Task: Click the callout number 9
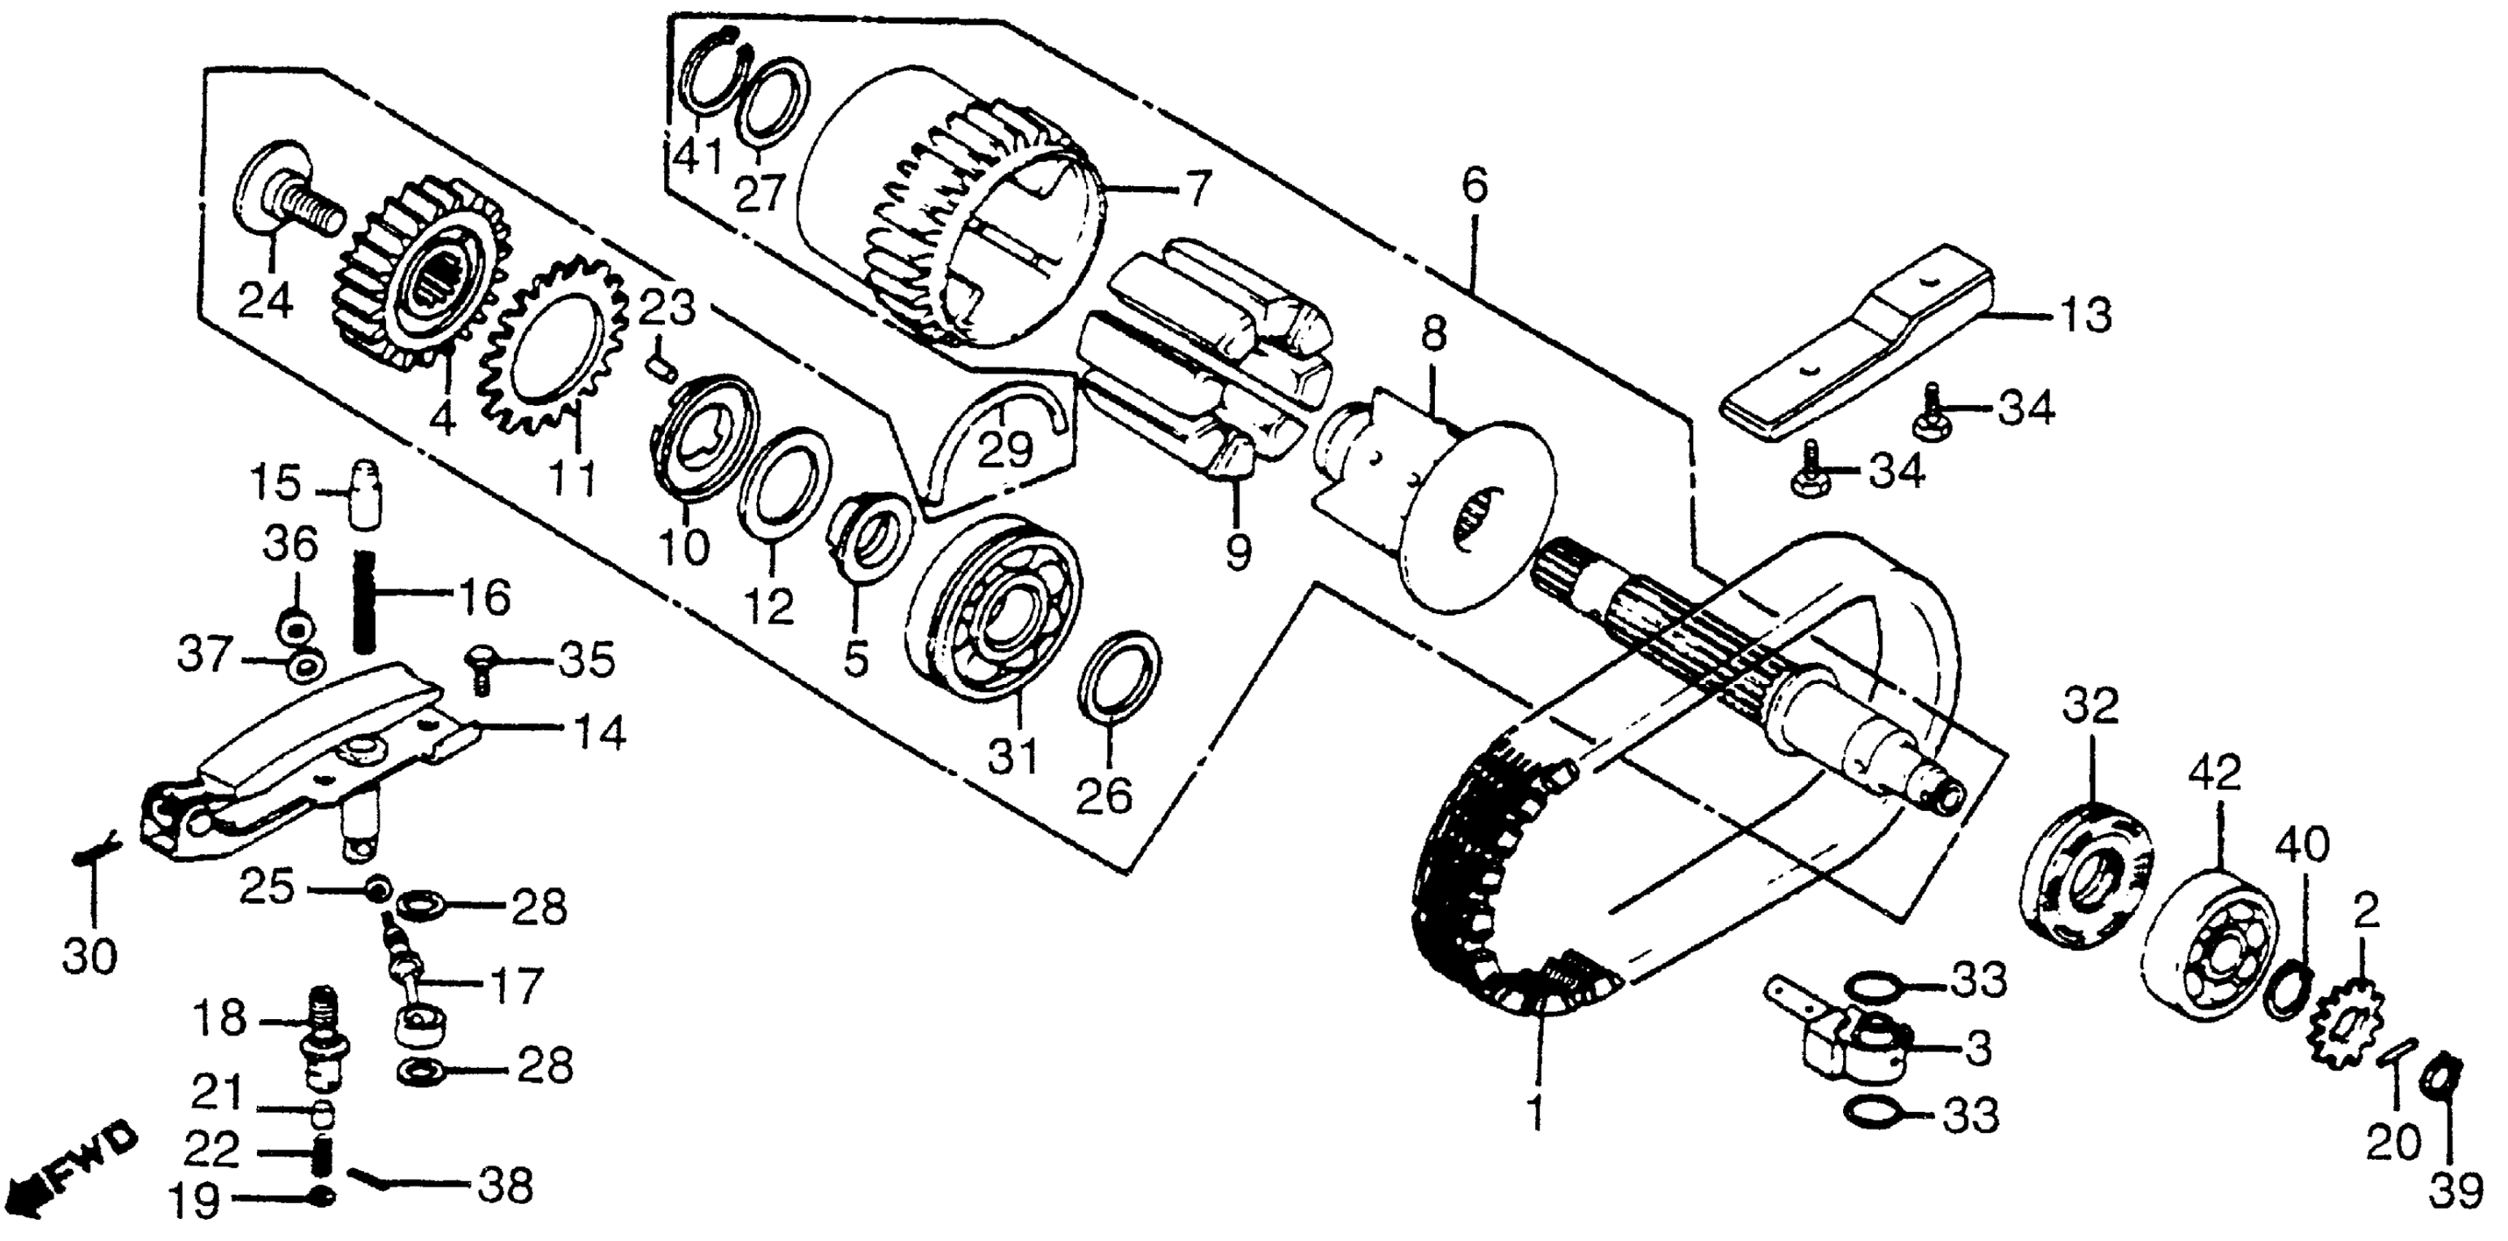coord(1237,552)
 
